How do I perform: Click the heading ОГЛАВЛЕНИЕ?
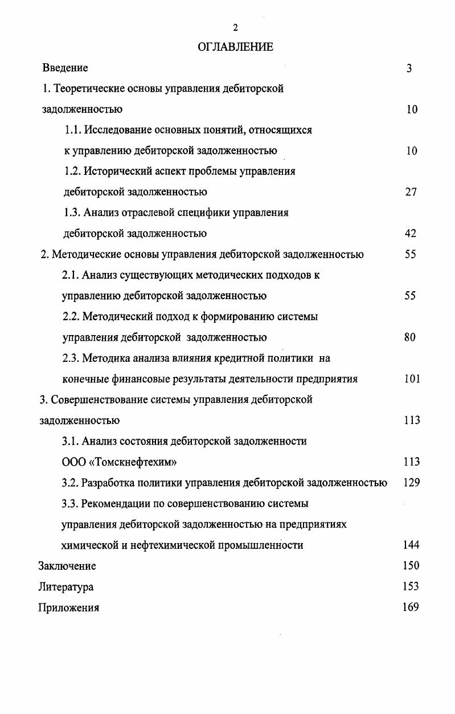click(235, 47)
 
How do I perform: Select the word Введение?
click(65, 68)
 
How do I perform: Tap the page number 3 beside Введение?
click(409, 68)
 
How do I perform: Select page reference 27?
click(411, 192)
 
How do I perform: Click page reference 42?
click(411, 233)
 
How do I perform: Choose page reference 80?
click(410, 337)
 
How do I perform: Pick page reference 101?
click(412, 379)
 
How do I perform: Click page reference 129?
click(411, 483)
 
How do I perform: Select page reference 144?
click(411, 545)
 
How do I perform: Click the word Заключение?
click(67, 566)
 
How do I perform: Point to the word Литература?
click(66, 587)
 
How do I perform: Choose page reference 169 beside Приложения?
click(411, 607)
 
